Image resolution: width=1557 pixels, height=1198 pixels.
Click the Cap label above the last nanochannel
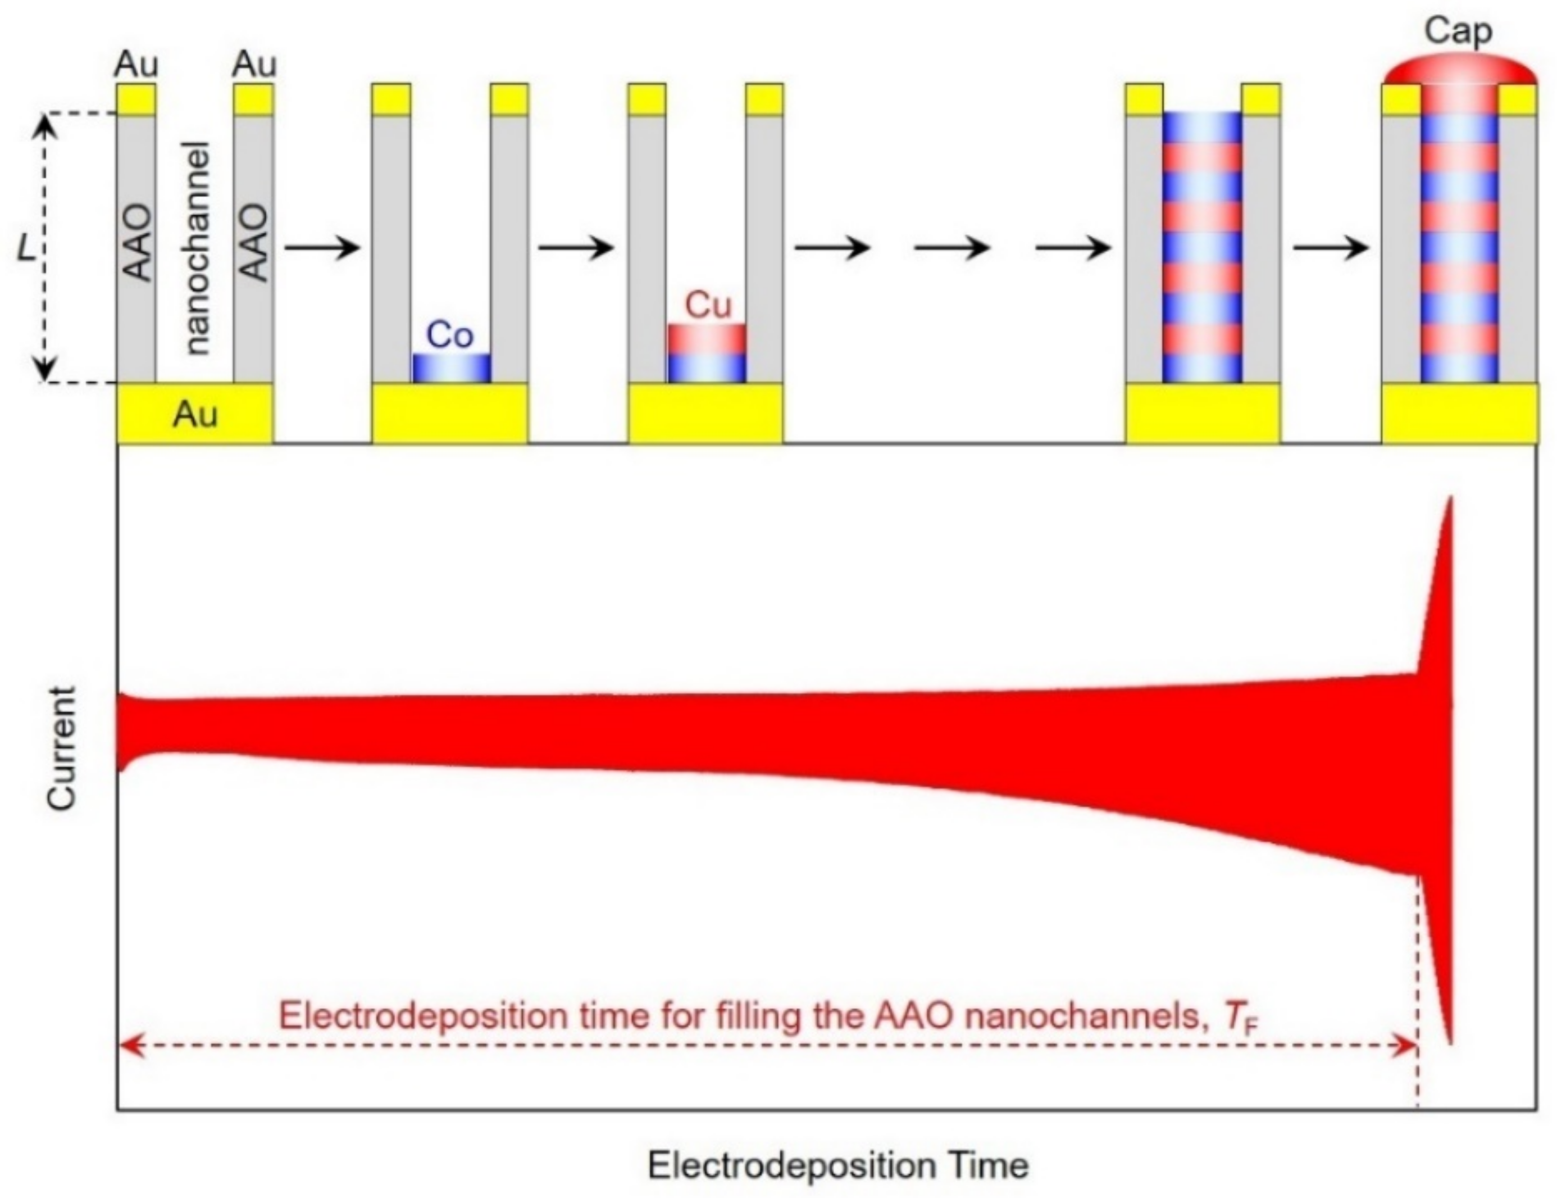click(x=1458, y=31)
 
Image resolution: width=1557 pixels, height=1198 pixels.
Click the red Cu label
click(x=707, y=305)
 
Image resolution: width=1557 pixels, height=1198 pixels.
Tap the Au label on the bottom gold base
click(x=194, y=414)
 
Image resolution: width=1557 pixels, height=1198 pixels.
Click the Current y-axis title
click(x=61, y=748)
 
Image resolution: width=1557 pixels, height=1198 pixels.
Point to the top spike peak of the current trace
click(x=1449, y=498)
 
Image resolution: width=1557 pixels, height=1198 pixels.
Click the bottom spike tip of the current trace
click(x=1450, y=1042)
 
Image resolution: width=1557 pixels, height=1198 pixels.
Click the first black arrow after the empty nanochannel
click(x=322, y=248)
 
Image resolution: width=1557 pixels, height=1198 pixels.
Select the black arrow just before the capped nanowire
click(x=1330, y=248)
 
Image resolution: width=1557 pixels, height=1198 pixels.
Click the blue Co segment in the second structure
click(x=451, y=368)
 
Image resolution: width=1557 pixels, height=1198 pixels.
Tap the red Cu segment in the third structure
click(x=707, y=339)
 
